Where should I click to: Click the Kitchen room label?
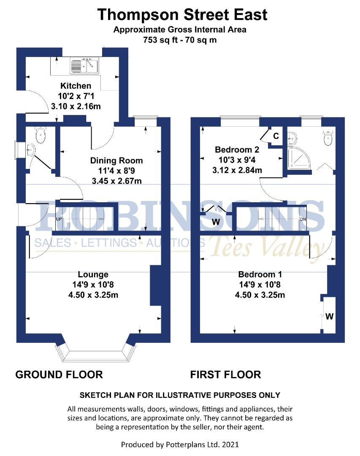point(76,86)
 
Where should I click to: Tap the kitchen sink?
point(84,66)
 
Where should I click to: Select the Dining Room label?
point(116,160)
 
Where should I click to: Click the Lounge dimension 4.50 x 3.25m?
point(93,295)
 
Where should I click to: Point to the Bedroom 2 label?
point(237,150)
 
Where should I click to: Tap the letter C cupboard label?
point(276,136)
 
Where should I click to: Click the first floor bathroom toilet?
point(328,138)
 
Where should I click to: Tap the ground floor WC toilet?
point(41,135)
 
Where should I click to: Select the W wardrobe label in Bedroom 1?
point(330,316)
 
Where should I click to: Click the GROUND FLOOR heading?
point(59,374)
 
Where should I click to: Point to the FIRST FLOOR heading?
point(225,374)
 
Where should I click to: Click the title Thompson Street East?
point(182,15)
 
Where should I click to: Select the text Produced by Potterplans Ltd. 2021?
point(180,444)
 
